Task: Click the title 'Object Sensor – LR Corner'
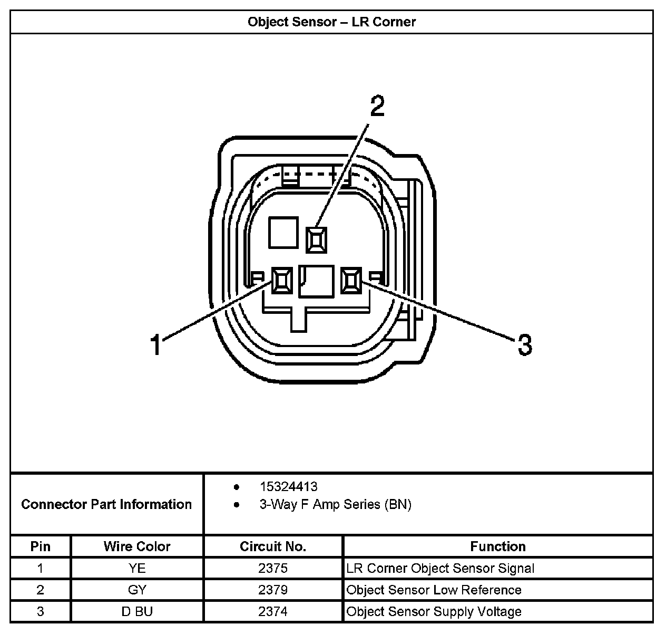point(331,22)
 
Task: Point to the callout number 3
point(524,345)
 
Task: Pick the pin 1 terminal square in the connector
point(281,280)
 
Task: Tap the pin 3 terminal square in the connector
point(351,280)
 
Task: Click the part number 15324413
point(288,486)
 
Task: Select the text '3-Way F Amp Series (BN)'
point(335,504)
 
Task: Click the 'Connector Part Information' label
point(106,504)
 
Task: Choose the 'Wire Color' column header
point(137,546)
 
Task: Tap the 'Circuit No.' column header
point(273,546)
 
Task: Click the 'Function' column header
point(498,546)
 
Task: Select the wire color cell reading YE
point(137,568)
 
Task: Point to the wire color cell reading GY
point(137,590)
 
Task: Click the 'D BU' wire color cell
point(137,611)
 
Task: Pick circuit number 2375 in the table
point(273,568)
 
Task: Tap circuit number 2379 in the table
point(273,590)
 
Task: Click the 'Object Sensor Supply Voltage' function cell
point(434,611)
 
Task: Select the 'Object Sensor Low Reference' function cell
point(434,590)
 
